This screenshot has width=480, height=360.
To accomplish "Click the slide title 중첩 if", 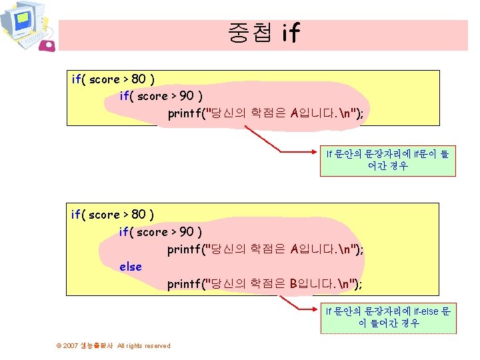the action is coord(263,33).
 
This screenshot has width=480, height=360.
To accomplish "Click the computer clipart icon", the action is coord(23,24).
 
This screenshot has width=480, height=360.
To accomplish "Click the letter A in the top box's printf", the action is coord(295,113).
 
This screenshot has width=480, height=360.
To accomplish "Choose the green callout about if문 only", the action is coord(387,160).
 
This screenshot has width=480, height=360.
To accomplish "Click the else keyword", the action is coord(131,267).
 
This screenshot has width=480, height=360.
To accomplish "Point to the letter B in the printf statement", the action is coord(294,285).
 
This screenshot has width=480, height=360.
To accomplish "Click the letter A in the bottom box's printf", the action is coord(295,249).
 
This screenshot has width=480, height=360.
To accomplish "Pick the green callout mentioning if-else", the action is coord(387,317).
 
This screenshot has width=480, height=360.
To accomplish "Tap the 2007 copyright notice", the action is coord(114,345).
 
